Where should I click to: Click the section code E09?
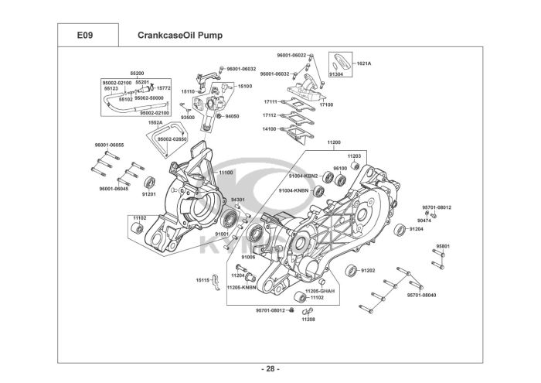click(x=85, y=36)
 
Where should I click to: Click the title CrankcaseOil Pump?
click(x=180, y=36)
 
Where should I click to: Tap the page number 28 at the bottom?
click(x=270, y=369)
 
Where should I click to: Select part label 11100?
click(x=226, y=173)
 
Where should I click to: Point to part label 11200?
click(x=334, y=142)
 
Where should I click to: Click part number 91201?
click(x=149, y=194)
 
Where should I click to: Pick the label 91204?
click(x=417, y=229)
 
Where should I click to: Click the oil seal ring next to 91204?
click(x=400, y=230)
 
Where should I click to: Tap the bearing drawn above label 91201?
click(x=150, y=183)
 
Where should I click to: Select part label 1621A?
click(x=364, y=63)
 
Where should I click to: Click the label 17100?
click(x=326, y=104)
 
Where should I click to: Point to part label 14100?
click(x=270, y=128)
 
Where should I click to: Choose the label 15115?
click(x=202, y=280)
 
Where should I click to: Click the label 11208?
click(x=308, y=320)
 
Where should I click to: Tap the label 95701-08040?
click(x=422, y=296)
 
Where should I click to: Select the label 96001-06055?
click(x=110, y=145)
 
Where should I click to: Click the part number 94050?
click(x=232, y=116)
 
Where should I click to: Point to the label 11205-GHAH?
click(x=320, y=291)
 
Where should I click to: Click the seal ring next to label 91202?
click(x=352, y=271)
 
